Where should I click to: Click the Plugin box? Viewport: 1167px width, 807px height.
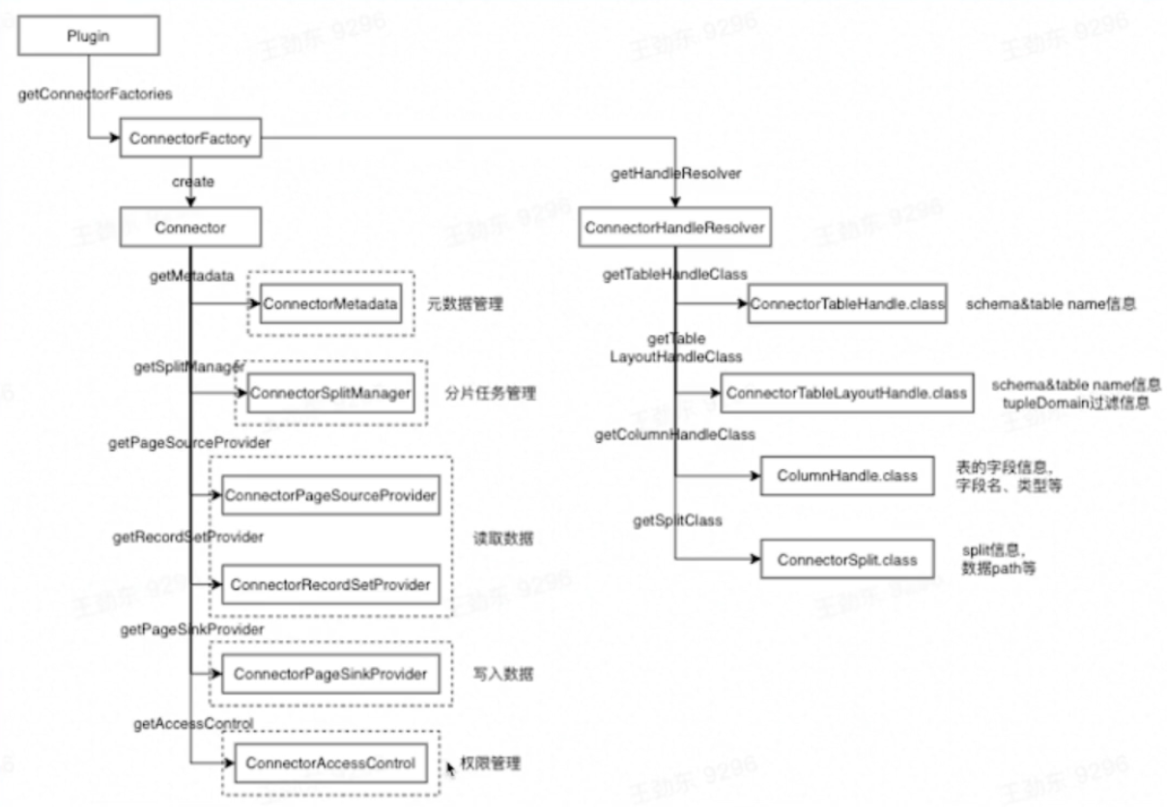click(89, 38)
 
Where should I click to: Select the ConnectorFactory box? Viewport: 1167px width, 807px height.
click(189, 139)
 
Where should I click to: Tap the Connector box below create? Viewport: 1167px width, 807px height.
click(189, 228)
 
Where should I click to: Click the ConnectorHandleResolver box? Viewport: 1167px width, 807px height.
click(674, 228)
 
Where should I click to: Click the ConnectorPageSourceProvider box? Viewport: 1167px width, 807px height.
click(330, 496)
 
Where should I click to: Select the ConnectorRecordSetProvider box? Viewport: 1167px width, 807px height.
click(330, 584)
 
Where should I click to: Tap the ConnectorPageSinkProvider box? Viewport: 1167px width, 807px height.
click(329, 674)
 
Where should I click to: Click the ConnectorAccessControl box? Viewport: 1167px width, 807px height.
click(329, 764)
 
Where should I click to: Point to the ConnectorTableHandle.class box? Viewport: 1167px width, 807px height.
click(847, 304)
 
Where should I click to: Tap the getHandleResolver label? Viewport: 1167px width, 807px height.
click(676, 175)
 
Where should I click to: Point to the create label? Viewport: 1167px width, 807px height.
click(193, 181)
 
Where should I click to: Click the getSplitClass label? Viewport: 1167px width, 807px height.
click(677, 521)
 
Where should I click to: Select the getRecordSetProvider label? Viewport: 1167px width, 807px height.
click(187, 536)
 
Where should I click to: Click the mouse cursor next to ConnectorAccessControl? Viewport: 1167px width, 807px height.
click(451, 769)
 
